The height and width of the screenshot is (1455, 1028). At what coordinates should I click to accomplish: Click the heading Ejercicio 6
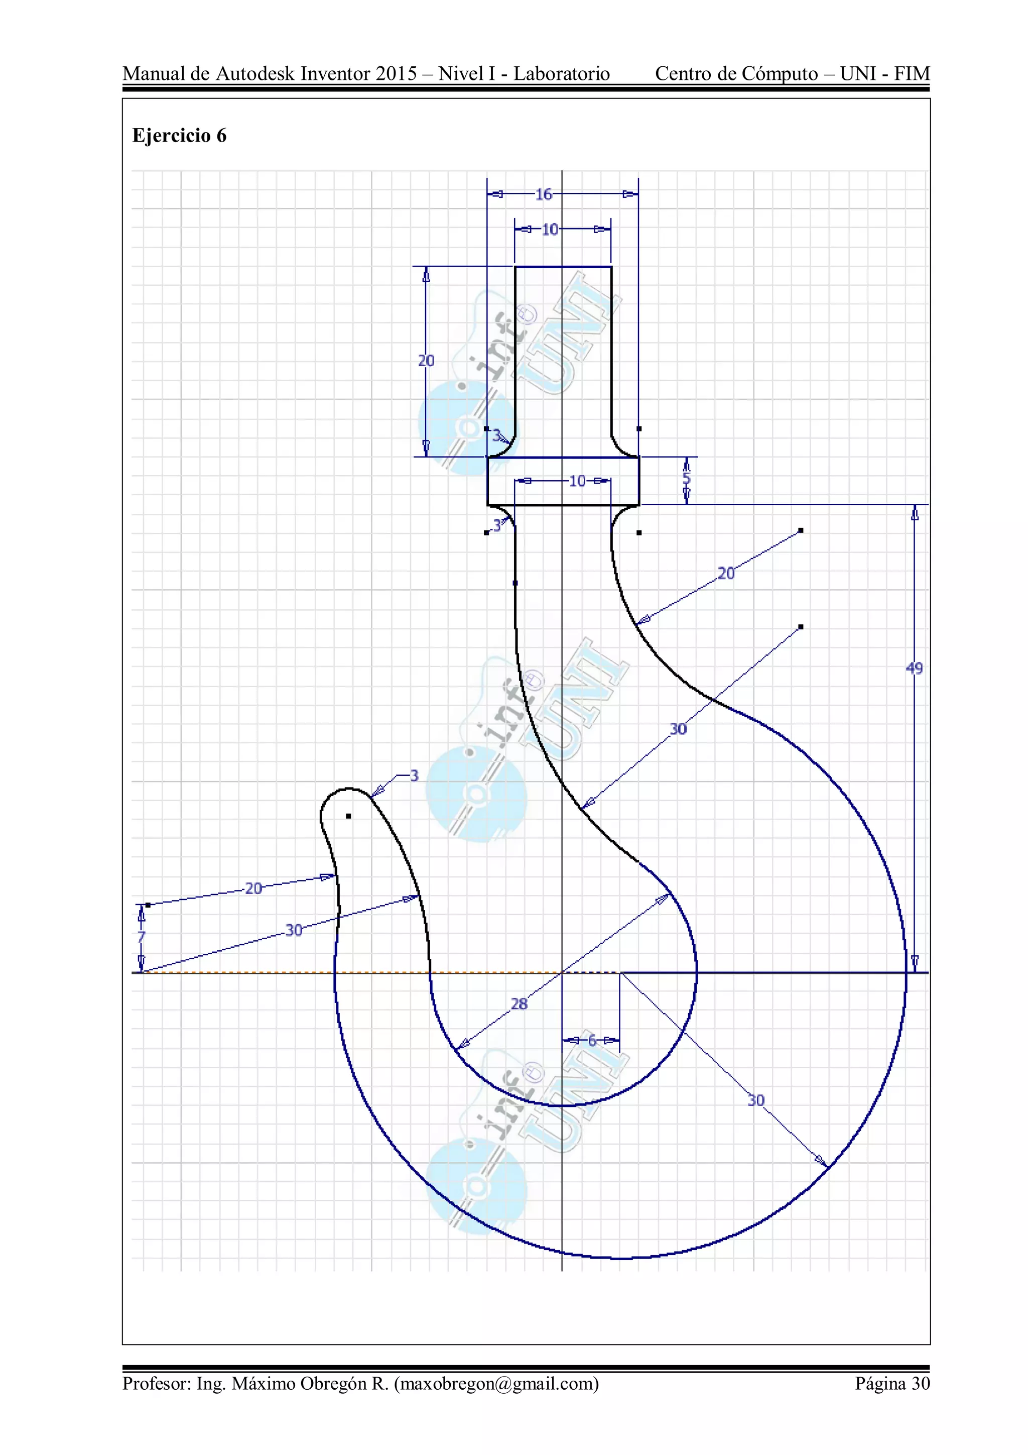tap(179, 136)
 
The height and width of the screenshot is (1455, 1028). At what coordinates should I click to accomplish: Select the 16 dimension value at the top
tap(544, 194)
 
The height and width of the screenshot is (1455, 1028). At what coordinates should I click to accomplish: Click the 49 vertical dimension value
tap(914, 668)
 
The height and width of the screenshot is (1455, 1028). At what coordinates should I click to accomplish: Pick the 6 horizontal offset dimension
tap(592, 1040)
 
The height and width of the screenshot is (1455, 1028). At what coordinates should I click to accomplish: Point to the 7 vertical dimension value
tap(141, 937)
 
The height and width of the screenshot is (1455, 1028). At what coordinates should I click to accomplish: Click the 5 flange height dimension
tap(687, 479)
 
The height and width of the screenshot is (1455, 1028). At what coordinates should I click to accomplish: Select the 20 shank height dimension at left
tap(426, 361)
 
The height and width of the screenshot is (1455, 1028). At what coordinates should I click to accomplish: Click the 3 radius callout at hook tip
tap(414, 775)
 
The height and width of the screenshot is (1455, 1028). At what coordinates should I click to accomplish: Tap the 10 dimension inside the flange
tap(577, 481)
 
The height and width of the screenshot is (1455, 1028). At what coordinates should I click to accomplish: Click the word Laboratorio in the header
tap(561, 74)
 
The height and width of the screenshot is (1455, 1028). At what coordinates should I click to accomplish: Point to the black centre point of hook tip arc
tap(348, 816)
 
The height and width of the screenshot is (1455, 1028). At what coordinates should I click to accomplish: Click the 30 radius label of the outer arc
tap(756, 1100)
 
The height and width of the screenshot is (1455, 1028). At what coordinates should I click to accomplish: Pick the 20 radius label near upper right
tap(726, 574)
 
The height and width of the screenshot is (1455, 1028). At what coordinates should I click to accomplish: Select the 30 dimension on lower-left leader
tap(293, 930)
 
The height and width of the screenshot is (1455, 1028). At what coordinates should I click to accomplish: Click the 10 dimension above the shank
tap(550, 230)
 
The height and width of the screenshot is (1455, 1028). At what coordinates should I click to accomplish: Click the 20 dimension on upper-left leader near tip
tap(253, 888)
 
